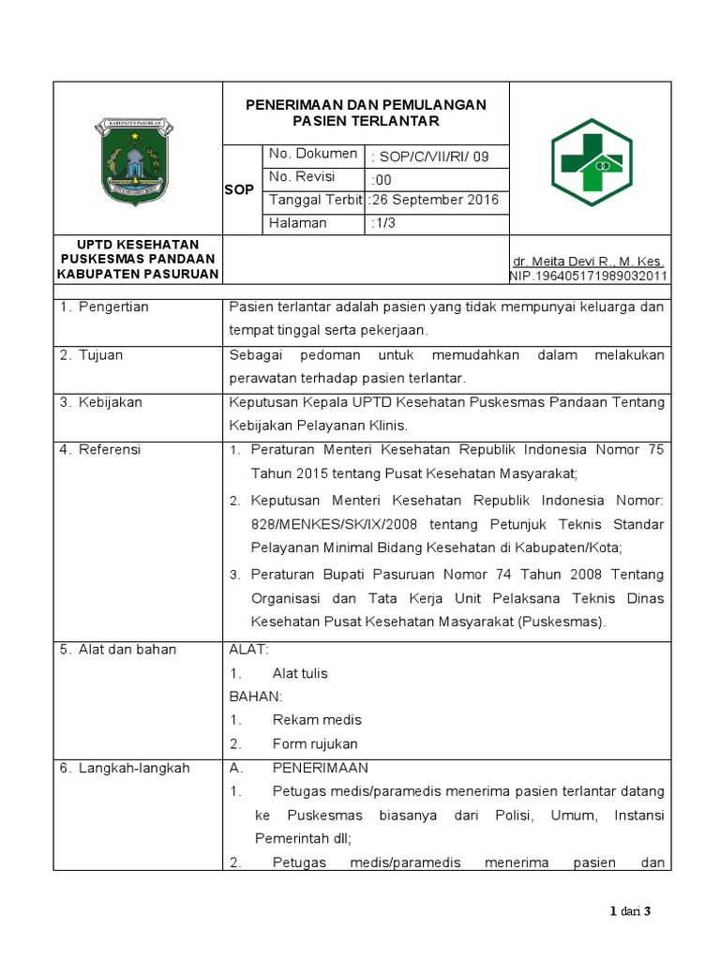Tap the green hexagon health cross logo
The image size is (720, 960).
pyautogui.click(x=591, y=161)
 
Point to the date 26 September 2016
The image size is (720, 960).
pyautogui.click(x=435, y=201)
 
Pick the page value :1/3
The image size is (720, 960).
pyautogui.click(x=383, y=223)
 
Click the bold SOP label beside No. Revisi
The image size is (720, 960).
pyautogui.click(x=240, y=189)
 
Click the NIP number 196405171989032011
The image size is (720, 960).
pyautogui.click(x=589, y=276)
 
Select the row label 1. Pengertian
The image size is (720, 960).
pyautogui.click(x=104, y=307)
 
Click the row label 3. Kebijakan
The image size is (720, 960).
pyautogui.click(x=101, y=402)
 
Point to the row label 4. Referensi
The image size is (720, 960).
pyautogui.click(x=100, y=449)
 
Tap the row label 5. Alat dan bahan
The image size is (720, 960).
pyautogui.click(x=118, y=649)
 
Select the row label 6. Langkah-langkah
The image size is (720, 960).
pyautogui.click(x=125, y=768)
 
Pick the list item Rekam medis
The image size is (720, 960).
pyautogui.click(x=317, y=720)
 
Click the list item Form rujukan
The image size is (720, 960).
pyautogui.click(x=315, y=743)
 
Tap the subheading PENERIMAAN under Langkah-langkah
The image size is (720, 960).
pyautogui.click(x=321, y=768)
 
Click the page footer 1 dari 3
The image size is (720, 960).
pyautogui.click(x=630, y=911)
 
